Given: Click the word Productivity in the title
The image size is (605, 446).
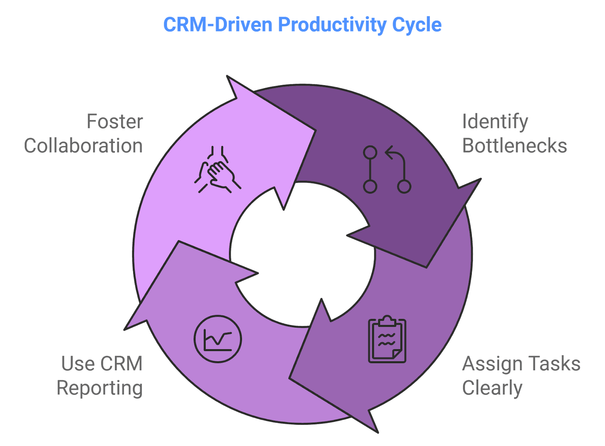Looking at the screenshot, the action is click(x=332, y=25).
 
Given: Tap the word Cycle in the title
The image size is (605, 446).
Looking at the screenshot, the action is click(x=417, y=25).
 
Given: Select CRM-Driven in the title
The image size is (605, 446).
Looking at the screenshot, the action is click(x=218, y=25).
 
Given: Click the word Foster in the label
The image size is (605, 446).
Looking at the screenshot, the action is click(x=115, y=122).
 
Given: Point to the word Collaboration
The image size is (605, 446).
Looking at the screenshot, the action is click(x=84, y=146).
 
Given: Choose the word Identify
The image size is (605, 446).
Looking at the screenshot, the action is click(x=495, y=122).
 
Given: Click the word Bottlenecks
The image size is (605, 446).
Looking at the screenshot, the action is click(x=515, y=146).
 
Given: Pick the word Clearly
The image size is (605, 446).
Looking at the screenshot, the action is click(x=492, y=388).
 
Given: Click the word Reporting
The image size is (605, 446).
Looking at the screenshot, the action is click(x=100, y=388).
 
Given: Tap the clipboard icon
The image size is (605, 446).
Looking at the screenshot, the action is click(x=387, y=340).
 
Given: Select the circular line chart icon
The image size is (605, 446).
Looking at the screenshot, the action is click(x=217, y=339).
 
